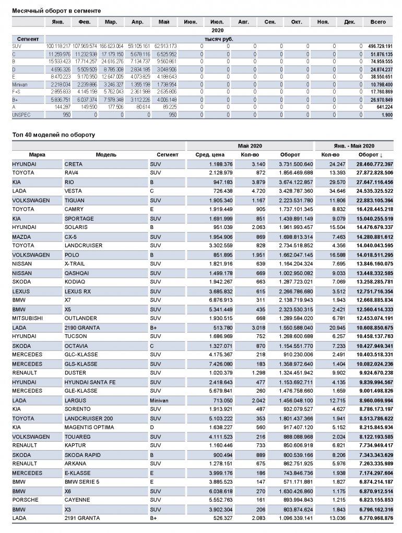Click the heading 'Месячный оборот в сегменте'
click(x=56, y=10)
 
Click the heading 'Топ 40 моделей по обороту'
click(x=54, y=135)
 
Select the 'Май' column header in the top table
click(x=163, y=22)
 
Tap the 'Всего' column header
click(x=378, y=22)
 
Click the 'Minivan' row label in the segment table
click(x=20, y=84)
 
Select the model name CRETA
click(x=73, y=164)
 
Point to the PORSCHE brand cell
click(x=25, y=500)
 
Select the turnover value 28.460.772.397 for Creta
click(x=371, y=164)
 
